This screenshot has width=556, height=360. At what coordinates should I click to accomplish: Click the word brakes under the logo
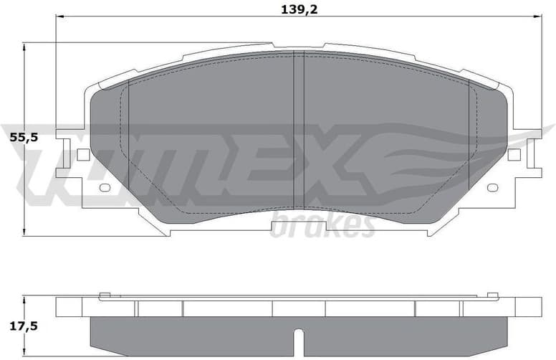(322, 225)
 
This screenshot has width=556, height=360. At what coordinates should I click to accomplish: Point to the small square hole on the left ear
(83, 154)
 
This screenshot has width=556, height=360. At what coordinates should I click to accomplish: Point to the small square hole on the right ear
(514, 154)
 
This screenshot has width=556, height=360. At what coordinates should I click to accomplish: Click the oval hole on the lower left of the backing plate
(105, 188)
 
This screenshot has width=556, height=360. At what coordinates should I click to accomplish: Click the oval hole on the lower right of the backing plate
(492, 188)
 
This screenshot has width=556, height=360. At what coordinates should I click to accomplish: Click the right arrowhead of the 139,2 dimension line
(540, 16)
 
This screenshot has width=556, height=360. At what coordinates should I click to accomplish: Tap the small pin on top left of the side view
(105, 294)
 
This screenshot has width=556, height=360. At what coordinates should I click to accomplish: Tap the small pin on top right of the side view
(492, 294)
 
